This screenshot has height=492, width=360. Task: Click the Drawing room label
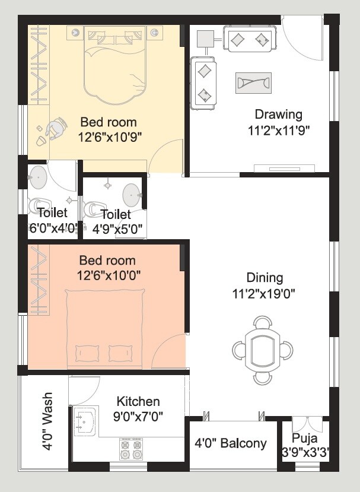tap(278, 114)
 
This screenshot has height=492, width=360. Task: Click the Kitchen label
tap(138, 401)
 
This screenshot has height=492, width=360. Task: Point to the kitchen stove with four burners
tap(131, 449)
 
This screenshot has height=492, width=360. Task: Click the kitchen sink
tap(84, 422)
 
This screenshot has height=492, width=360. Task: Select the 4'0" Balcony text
tap(231, 443)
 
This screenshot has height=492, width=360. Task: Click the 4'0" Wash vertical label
tap(47, 422)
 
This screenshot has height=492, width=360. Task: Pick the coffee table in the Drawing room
tap(253, 82)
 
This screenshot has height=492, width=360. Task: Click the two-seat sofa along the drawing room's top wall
tap(249, 40)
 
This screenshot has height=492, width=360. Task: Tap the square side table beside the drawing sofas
tap(206, 39)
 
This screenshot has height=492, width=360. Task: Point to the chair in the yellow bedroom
tap(55, 129)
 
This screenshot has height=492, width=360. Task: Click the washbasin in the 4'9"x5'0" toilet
tap(131, 193)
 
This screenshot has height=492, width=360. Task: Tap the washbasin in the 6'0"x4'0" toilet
tap(39, 176)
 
